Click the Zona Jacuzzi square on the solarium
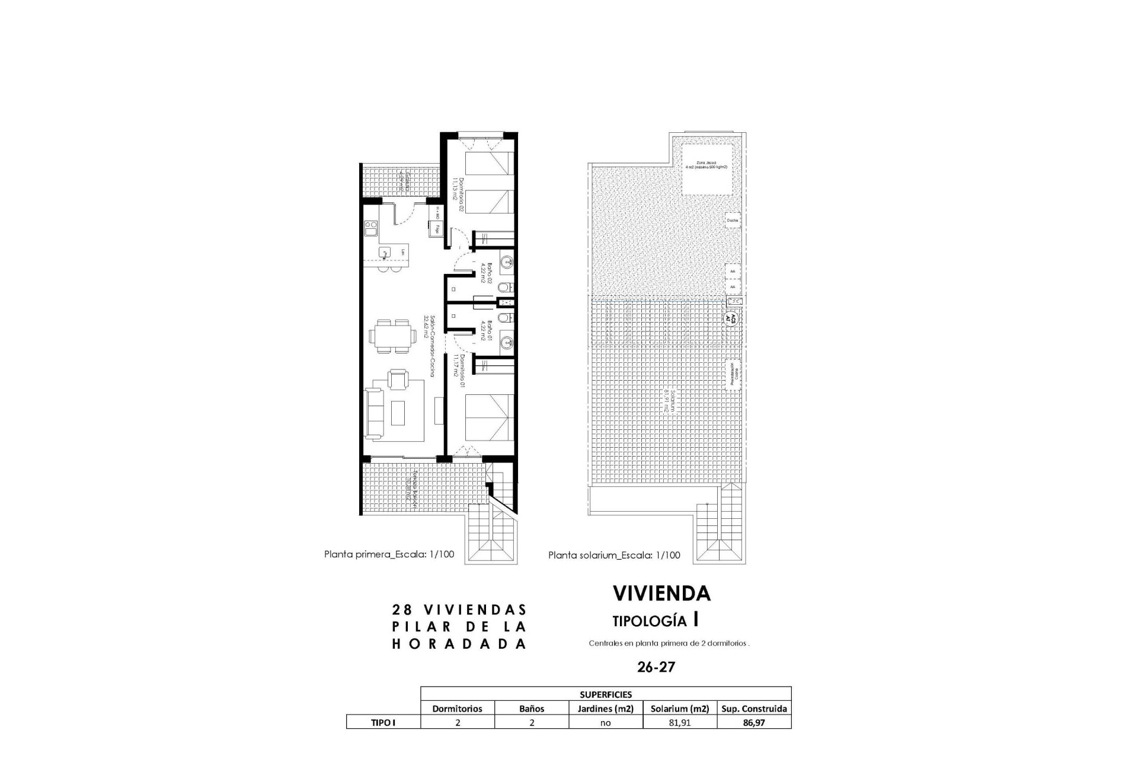click(x=705, y=169)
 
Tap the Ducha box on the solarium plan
click(x=732, y=220)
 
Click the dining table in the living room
click(x=392, y=336)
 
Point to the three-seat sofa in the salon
click(x=373, y=413)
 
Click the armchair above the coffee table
click(x=397, y=378)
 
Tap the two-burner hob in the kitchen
click(x=371, y=229)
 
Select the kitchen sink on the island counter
click(x=384, y=253)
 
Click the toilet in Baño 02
click(x=503, y=288)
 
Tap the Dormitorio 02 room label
click(x=456, y=189)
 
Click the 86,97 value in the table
click(x=754, y=723)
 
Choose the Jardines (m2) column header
click(x=606, y=709)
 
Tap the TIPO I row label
click(x=383, y=723)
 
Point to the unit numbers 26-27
click(x=656, y=667)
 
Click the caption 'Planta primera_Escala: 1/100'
click(x=389, y=554)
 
